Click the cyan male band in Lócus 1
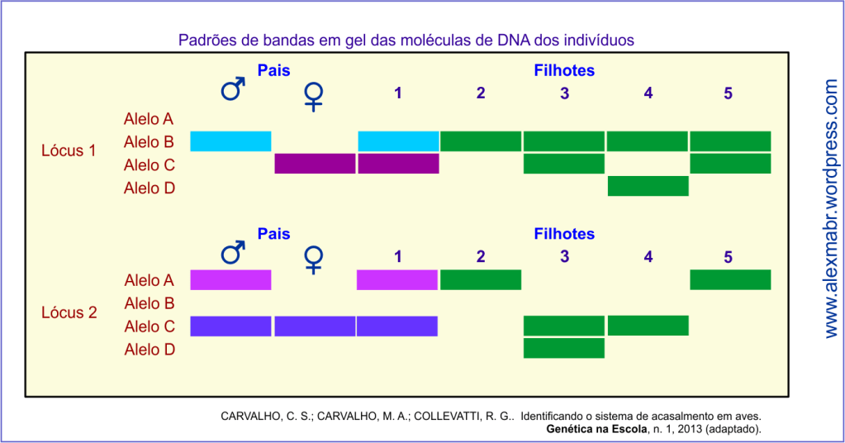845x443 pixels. [x=230, y=141]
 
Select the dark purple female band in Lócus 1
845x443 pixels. [x=315, y=164]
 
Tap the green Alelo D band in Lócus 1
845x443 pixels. [x=648, y=186]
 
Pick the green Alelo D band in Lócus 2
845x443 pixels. [x=564, y=348]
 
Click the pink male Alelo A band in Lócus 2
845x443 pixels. [x=230, y=280]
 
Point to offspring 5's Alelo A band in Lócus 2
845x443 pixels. [x=730, y=280]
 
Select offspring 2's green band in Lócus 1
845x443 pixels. [x=481, y=141]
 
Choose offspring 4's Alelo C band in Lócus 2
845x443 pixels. [x=648, y=326]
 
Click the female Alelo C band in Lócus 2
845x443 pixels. [x=315, y=326]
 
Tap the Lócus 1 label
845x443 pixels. [x=69, y=151]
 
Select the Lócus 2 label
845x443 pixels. [x=69, y=313]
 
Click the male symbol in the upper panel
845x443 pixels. [x=234, y=88]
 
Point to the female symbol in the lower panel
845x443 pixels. [x=314, y=259]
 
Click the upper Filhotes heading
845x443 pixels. [x=564, y=70]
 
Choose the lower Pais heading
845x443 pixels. [x=273, y=234]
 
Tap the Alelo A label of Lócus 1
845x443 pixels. [x=150, y=119]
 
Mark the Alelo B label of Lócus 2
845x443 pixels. [x=150, y=303]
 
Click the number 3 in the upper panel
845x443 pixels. [x=564, y=93]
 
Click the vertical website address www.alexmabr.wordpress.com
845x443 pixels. [x=831, y=208]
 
